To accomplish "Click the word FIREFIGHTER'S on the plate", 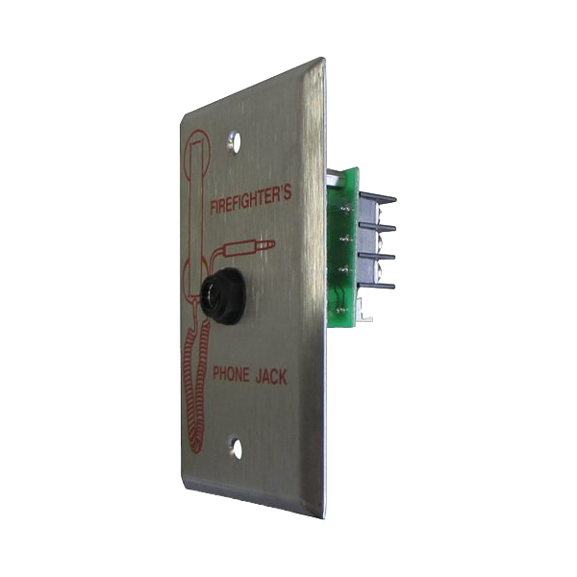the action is pos(251,200).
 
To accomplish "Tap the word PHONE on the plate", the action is pos(231,374).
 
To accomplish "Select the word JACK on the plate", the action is pos(271,377).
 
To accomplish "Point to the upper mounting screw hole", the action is pos(234,141).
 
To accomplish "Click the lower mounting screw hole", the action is pos(236,447).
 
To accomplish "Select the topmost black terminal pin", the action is pos(378,196).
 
